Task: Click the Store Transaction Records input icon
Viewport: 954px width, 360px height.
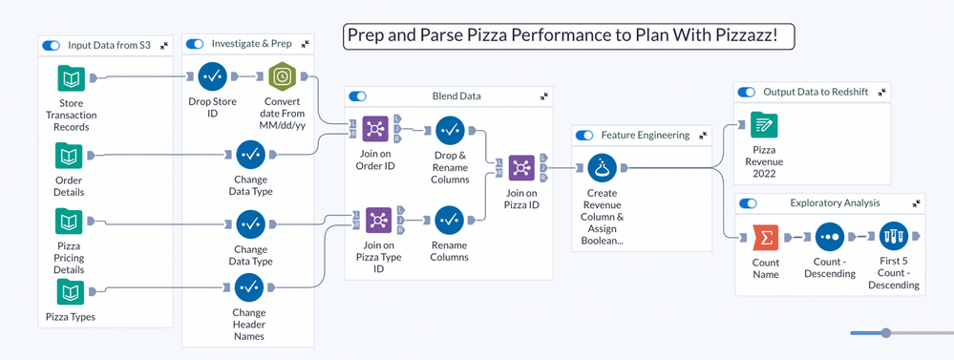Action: (72, 78)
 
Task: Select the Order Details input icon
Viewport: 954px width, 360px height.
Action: (69, 156)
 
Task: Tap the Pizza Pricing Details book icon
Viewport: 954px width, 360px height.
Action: (69, 222)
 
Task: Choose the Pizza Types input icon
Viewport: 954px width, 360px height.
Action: (71, 292)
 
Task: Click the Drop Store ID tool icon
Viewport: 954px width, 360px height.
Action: (212, 76)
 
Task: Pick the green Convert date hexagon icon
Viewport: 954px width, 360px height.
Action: (282, 76)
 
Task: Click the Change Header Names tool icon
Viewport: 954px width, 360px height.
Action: (249, 287)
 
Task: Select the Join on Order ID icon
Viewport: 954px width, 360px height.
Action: (376, 129)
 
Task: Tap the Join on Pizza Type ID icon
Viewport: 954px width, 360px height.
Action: (378, 221)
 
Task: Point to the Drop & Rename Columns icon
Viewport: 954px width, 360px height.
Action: (450, 130)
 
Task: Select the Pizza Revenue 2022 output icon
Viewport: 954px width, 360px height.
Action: (764, 125)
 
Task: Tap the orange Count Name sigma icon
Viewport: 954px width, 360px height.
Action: (765, 238)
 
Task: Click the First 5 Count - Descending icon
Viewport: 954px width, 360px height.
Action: (894, 237)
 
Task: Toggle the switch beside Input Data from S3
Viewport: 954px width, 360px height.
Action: (52, 45)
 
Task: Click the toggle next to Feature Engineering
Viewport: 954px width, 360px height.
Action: (584, 136)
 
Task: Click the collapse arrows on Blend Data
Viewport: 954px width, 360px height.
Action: (544, 96)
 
